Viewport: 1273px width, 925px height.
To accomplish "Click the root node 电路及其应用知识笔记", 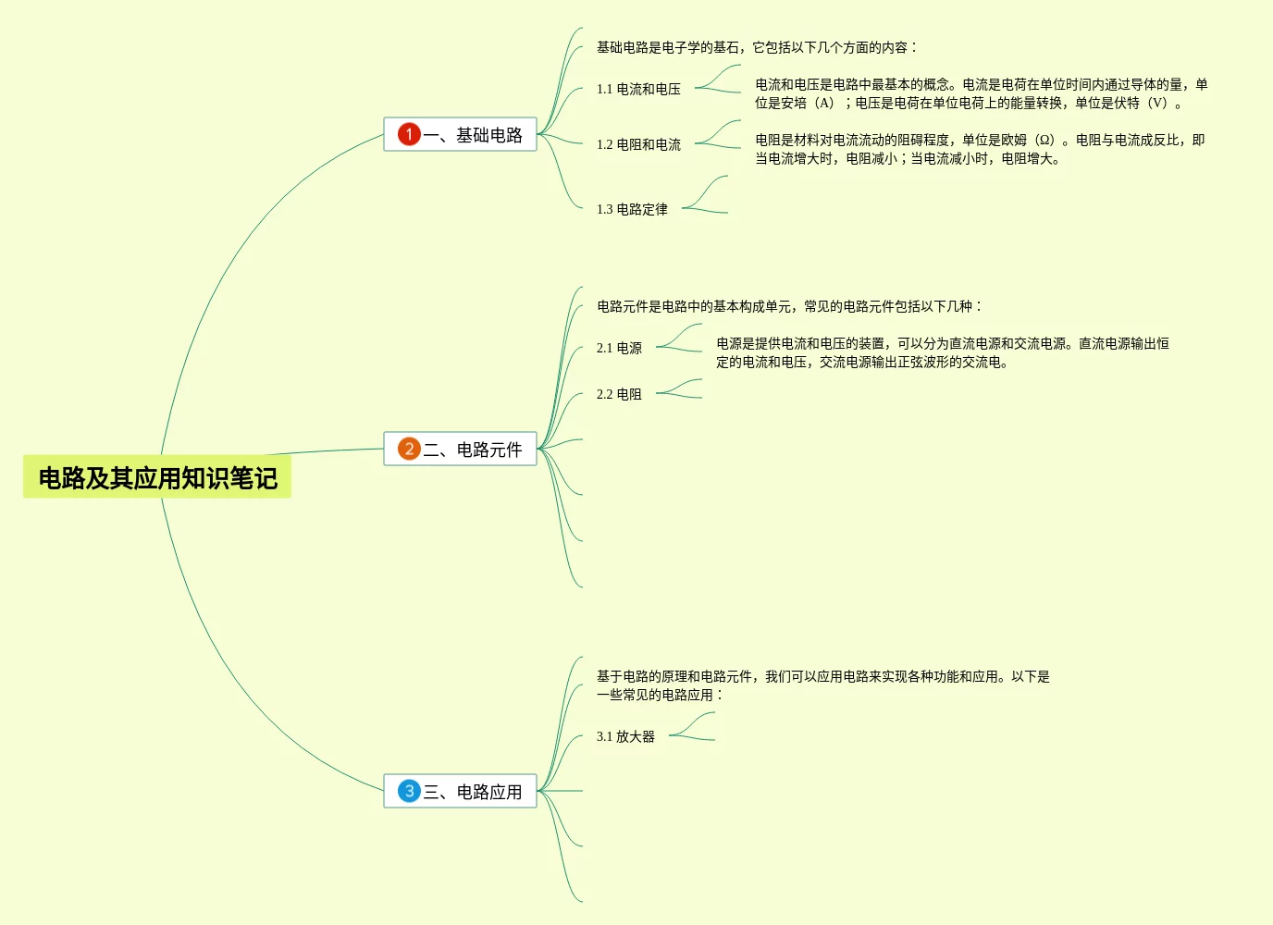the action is click(x=157, y=477).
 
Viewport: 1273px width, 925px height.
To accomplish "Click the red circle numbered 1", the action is click(x=409, y=134).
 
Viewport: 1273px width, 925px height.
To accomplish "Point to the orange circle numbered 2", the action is click(x=409, y=449).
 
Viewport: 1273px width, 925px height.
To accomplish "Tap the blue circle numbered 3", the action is click(x=409, y=791).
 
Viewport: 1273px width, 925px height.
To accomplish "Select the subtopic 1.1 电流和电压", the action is click(x=638, y=89).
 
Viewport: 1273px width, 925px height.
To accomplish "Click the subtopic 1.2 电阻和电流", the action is click(x=638, y=144).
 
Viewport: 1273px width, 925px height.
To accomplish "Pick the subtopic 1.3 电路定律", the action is click(x=632, y=209).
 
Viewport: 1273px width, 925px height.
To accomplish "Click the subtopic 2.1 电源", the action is click(x=619, y=348).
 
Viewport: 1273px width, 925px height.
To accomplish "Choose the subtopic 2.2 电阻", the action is click(x=619, y=394).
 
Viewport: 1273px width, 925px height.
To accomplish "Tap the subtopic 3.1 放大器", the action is click(x=625, y=736).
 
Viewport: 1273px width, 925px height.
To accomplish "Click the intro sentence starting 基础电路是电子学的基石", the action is click(x=756, y=47).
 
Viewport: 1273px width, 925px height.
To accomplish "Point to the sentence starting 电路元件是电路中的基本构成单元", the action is click(x=788, y=306).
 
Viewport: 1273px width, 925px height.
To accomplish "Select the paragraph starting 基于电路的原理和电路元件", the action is click(x=822, y=685).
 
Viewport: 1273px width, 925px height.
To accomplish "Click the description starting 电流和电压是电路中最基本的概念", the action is click(x=981, y=93).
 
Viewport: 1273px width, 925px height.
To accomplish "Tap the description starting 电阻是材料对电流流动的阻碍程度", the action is click(x=979, y=149).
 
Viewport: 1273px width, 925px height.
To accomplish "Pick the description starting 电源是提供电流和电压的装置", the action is click(x=942, y=352).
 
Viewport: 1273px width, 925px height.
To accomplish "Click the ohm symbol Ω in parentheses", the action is click(x=1044, y=141).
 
